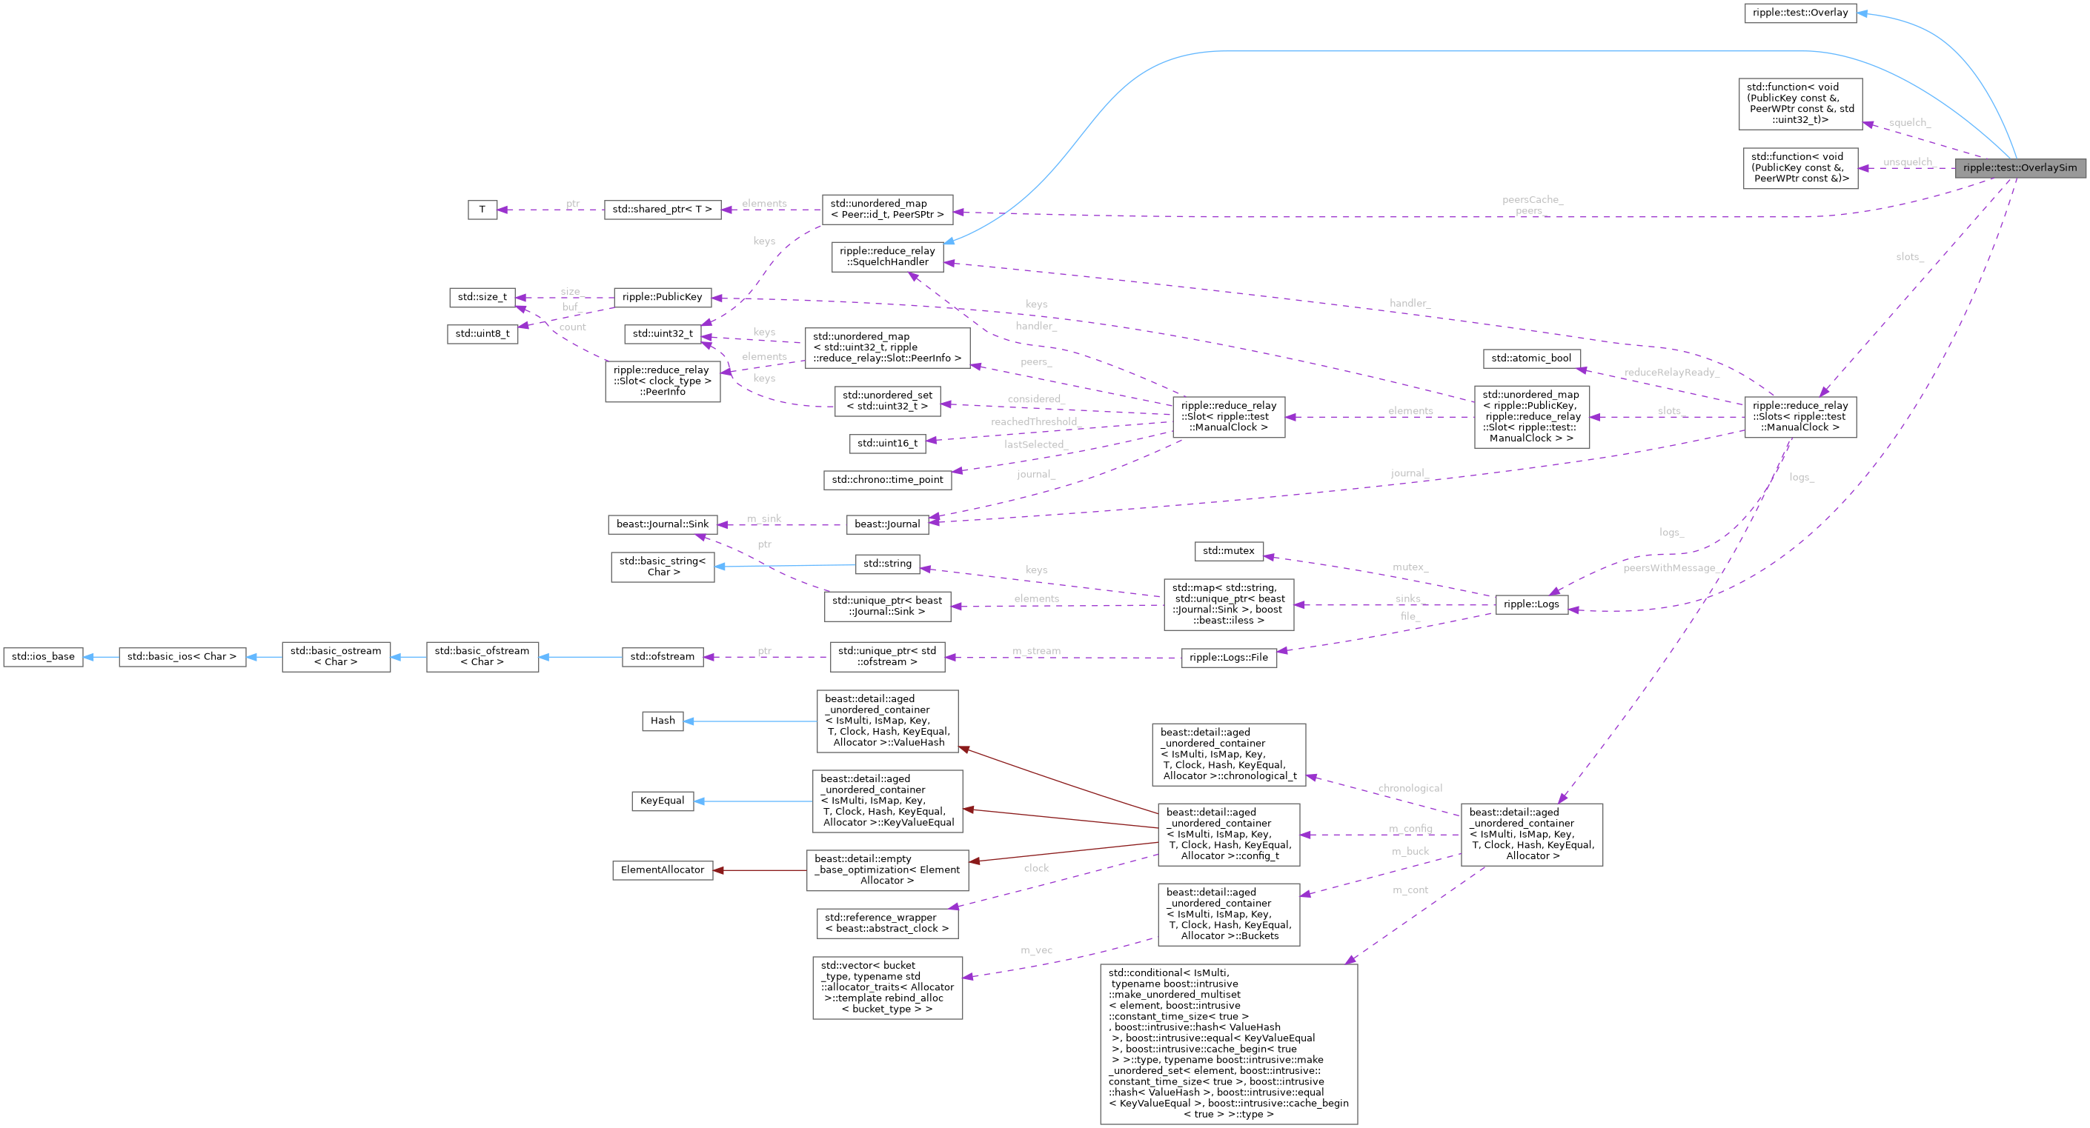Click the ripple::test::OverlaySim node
(2020, 168)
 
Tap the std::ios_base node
(43, 657)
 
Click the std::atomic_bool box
(1530, 358)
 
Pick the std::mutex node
(1227, 552)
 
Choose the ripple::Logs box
(1530, 604)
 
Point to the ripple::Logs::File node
(1227, 658)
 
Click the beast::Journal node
(887, 524)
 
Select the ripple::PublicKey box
(661, 298)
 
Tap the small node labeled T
(482, 210)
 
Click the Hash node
(661, 721)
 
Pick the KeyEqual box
(661, 801)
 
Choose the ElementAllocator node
(661, 870)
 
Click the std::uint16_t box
(887, 444)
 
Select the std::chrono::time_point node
(887, 480)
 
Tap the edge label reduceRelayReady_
(1671, 373)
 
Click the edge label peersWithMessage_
(1671, 569)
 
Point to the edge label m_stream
(1036, 652)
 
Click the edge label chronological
(1410, 788)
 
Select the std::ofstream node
(661, 657)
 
